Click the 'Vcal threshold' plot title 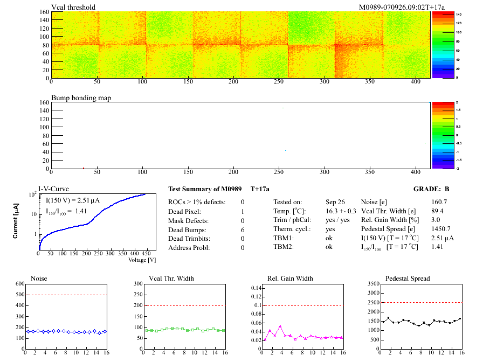73,7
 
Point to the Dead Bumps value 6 243,229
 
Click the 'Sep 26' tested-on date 335,201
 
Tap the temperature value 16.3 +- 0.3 341,211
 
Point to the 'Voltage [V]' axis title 142,260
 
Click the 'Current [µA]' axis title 16,221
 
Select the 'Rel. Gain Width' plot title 289,279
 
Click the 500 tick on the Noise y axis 20,295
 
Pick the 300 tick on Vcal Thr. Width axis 136,283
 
